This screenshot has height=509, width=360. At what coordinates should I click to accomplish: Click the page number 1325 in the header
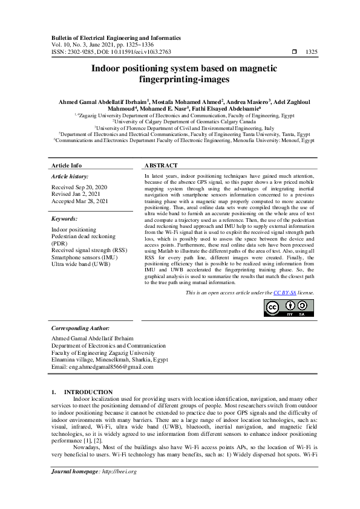[x=312, y=52]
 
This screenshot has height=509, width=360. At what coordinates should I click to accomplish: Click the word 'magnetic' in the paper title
[x=252, y=69]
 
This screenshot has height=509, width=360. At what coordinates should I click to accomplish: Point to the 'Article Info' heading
[x=67, y=166]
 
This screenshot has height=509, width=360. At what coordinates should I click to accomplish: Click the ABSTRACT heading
[x=161, y=166]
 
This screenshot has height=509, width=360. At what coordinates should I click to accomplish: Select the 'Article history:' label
[x=71, y=177]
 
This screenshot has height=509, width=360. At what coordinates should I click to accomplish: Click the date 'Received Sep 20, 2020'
[x=80, y=187]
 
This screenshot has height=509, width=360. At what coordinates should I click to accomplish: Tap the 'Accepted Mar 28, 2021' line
[x=80, y=201]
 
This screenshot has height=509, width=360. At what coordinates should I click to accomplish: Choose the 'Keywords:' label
[x=64, y=219]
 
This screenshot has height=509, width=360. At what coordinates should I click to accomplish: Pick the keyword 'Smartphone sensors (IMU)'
[x=84, y=257]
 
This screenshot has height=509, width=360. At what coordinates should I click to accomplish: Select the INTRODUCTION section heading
[x=88, y=392]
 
